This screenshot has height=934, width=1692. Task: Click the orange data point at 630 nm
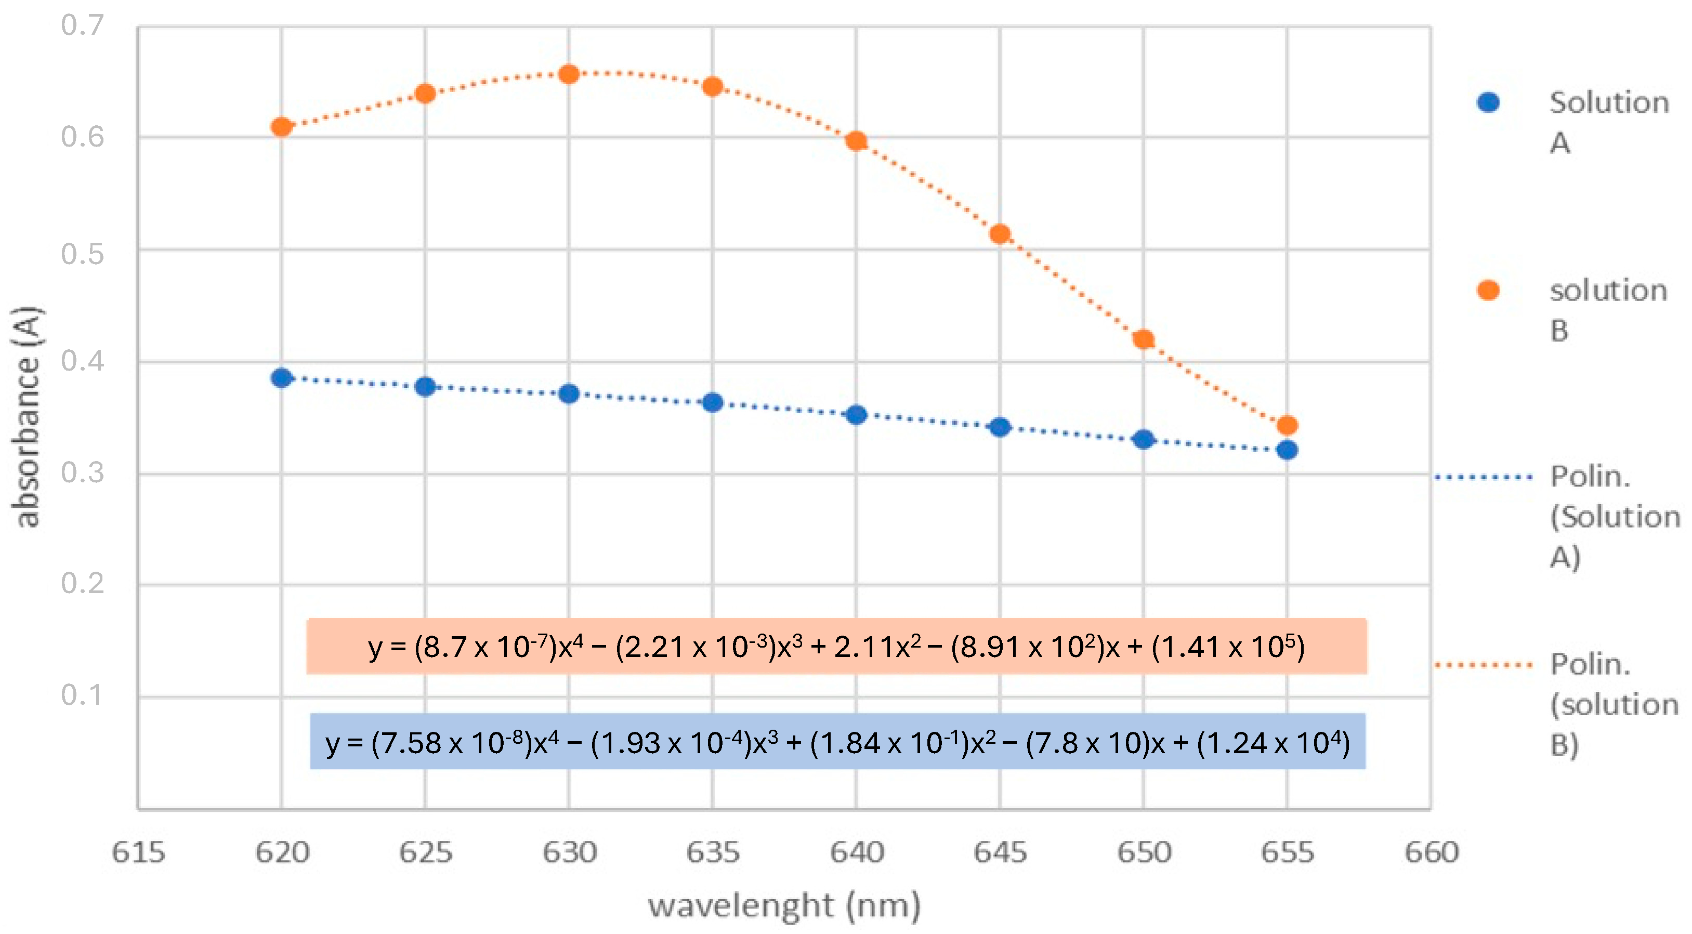[569, 74]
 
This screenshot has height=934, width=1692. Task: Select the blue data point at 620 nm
[282, 378]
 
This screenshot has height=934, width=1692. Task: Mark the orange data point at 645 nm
[1000, 234]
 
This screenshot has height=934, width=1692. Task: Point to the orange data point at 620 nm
[282, 127]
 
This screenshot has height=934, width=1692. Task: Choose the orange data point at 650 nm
[1144, 339]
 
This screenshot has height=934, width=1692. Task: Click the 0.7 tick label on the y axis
[82, 25]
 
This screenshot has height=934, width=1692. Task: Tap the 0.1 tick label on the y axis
[82, 695]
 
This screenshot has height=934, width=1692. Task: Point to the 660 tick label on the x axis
[1431, 852]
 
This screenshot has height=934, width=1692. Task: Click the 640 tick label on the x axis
[857, 852]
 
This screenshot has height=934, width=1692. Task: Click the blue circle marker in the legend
[1488, 102]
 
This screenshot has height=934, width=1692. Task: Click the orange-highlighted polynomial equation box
[836, 646]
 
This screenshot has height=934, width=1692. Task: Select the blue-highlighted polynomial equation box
[837, 742]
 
